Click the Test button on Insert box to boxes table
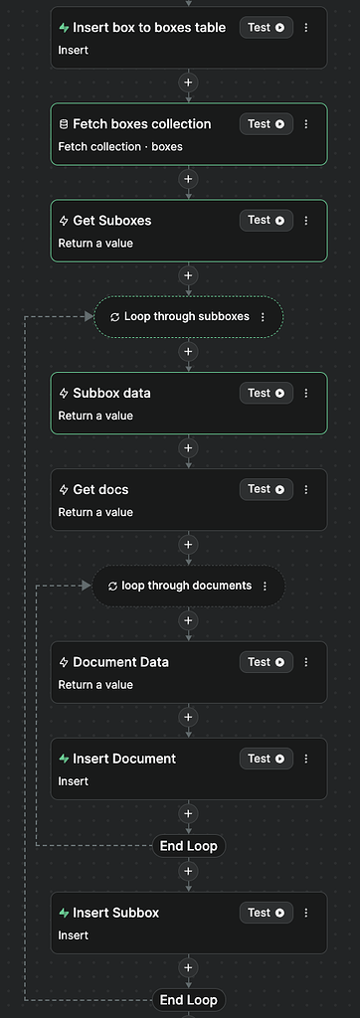[266, 28]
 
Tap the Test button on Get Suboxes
[266, 221]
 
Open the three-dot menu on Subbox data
[306, 394]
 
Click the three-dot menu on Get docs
[306, 490]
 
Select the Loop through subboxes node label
[187, 317]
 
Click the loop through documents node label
[186, 586]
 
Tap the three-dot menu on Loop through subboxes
[263, 317]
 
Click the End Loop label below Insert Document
[189, 846]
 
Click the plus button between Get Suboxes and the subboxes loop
[189, 275]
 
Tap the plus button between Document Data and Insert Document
[189, 717]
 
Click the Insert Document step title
[124, 759]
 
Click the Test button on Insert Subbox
[266, 913]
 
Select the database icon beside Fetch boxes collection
[64, 125]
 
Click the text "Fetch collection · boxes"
[120, 147]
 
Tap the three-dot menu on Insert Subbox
[306, 913]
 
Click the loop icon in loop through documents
[112, 587]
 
